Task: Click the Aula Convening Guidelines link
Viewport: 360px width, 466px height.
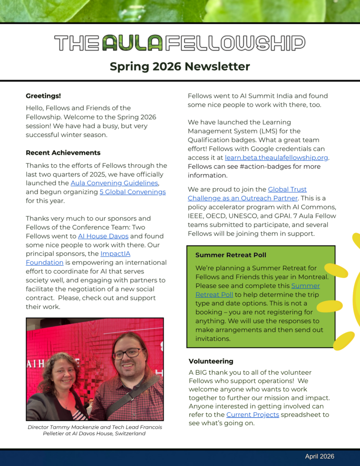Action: point(114,183)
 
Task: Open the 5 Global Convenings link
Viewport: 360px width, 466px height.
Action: point(132,192)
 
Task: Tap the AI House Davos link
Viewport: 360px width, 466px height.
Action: point(103,236)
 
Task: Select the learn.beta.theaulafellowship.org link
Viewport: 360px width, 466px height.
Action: point(276,157)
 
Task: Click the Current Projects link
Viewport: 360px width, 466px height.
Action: point(253,415)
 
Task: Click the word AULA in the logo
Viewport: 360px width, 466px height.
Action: point(132,43)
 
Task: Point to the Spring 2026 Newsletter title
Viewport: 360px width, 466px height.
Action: point(180,66)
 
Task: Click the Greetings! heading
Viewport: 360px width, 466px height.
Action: point(43,96)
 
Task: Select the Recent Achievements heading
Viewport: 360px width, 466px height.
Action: point(63,152)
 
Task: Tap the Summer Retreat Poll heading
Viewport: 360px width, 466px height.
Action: point(231,255)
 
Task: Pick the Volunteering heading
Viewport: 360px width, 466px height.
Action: point(211,361)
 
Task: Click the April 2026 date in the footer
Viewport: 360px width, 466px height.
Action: point(319,456)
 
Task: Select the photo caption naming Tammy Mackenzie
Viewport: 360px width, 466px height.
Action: point(95,431)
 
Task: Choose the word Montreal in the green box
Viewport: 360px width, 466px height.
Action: point(314,277)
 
